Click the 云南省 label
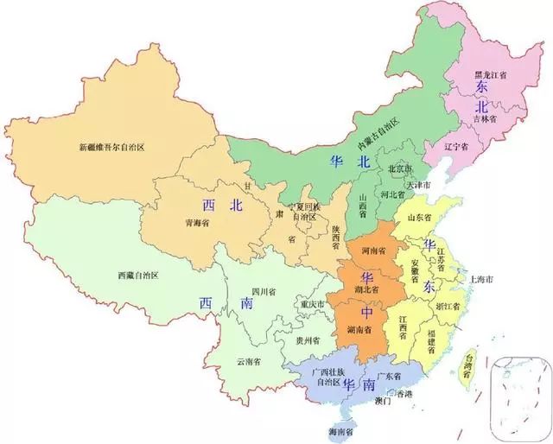(x=249, y=360)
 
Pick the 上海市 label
(x=480, y=280)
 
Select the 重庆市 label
(x=308, y=305)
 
